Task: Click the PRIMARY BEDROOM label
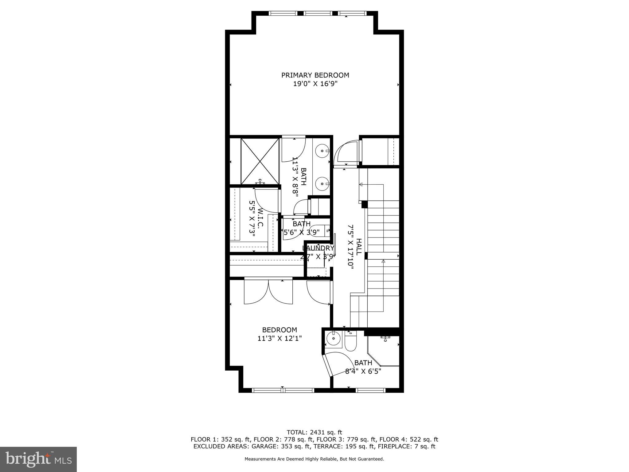pyautogui.click(x=315, y=75)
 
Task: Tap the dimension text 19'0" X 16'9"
pyautogui.click(x=315, y=84)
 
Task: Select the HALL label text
pyautogui.click(x=358, y=247)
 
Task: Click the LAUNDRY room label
pyautogui.click(x=318, y=248)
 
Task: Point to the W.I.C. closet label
pyautogui.click(x=260, y=218)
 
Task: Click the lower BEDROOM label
pyautogui.click(x=279, y=330)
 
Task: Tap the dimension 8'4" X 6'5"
pyautogui.click(x=363, y=371)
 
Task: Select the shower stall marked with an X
pyautogui.click(x=260, y=161)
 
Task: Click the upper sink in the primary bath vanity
pyautogui.click(x=322, y=151)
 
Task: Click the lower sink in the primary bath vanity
pyautogui.click(x=322, y=184)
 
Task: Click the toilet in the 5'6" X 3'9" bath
pyautogui.click(x=322, y=230)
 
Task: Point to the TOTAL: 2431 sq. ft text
pyautogui.click(x=314, y=432)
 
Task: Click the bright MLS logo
pyautogui.click(x=38, y=459)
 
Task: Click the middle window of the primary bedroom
pyautogui.click(x=318, y=13)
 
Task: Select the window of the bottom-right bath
pyautogui.click(x=370, y=391)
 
